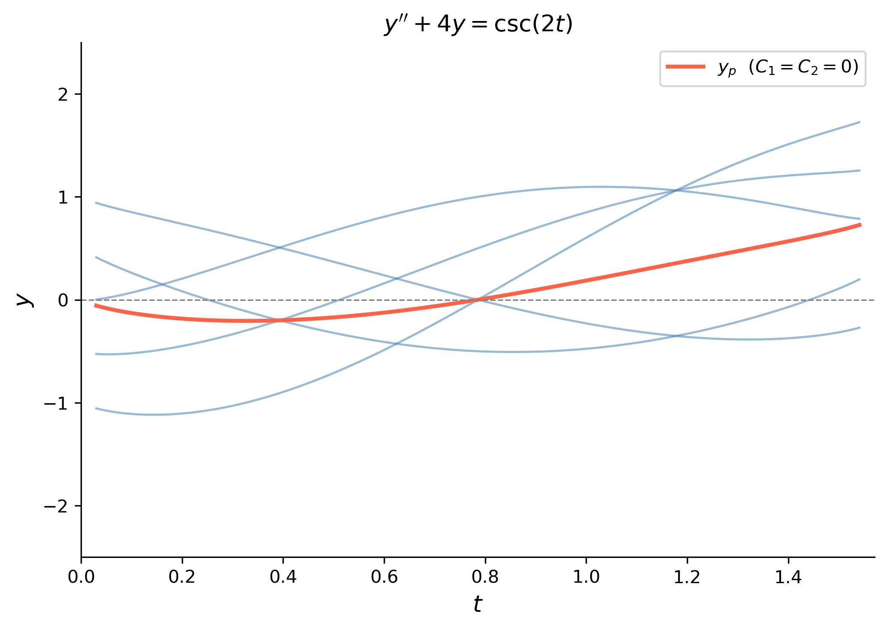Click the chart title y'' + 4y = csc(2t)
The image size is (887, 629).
[x=478, y=25]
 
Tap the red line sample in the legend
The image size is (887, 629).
[x=686, y=66]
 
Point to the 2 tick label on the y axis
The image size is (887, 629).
[x=63, y=94]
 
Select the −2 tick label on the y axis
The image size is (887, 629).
[x=56, y=506]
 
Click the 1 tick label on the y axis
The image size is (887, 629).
[x=63, y=197]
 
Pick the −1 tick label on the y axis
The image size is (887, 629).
[x=56, y=403]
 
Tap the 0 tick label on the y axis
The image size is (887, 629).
[x=63, y=300]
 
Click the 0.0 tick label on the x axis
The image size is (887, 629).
[x=81, y=578]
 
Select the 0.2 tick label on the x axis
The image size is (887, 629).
[x=182, y=578]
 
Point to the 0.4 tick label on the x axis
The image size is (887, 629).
[x=283, y=578]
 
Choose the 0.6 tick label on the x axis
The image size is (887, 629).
[x=384, y=578]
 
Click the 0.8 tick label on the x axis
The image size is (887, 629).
[x=485, y=578]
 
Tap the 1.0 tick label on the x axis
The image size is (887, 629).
[x=586, y=578]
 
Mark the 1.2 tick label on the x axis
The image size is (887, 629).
[x=687, y=578]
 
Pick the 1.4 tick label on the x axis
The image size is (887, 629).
[x=788, y=578]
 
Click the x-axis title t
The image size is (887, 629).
[x=478, y=604]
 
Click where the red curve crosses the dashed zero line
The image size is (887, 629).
[x=477, y=300]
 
